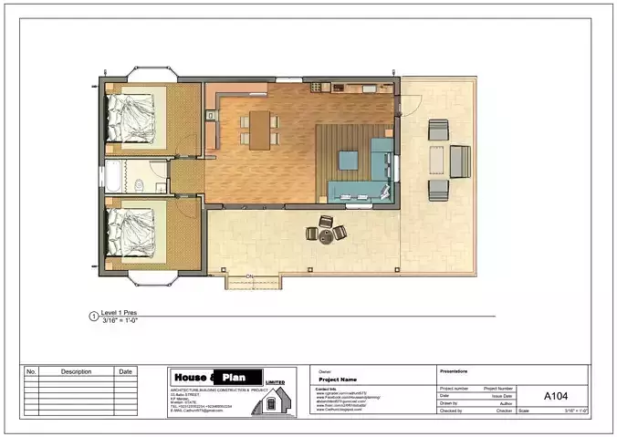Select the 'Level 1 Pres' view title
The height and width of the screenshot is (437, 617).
click(120, 313)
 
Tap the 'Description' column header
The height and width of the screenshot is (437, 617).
click(77, 372)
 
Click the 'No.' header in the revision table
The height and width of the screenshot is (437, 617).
click(31, 372)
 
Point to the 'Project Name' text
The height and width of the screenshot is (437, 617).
click(338, 380)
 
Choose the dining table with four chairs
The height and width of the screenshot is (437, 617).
click(258, 129)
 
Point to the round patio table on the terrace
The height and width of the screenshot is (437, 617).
click(326, 234)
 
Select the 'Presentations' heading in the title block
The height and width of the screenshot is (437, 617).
click(455, 371)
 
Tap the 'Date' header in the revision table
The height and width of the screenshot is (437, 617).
click(125, 372)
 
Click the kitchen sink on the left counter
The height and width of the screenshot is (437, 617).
click(210, 116)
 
